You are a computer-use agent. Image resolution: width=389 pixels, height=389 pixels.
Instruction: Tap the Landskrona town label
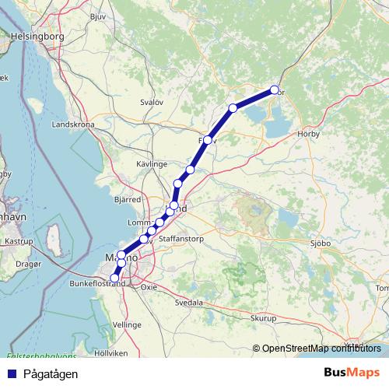(72, 124)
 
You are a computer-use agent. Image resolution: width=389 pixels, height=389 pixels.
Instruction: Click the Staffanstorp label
(180, 239)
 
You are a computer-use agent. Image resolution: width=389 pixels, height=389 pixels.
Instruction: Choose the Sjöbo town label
(321, 243)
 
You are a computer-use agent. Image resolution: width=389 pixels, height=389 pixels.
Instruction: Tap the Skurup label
(264, 318)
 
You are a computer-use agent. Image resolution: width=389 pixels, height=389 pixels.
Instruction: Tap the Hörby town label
(309, 134)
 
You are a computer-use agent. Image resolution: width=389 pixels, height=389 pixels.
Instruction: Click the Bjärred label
(126, 200)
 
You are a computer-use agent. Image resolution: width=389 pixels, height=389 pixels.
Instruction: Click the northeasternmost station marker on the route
(274, 89)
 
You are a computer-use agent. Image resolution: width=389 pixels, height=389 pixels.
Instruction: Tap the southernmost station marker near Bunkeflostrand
(115, 278)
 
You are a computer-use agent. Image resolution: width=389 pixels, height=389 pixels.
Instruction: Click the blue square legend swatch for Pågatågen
(11, 373)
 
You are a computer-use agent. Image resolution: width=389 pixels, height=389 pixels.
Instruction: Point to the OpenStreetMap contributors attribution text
(321, 349)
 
